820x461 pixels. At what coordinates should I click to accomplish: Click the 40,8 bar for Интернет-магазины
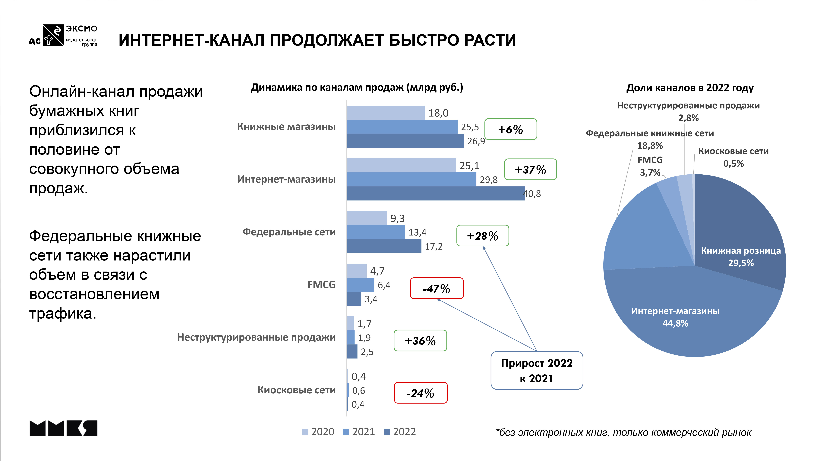[435, 193]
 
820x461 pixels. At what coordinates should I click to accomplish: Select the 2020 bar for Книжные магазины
[386, 113]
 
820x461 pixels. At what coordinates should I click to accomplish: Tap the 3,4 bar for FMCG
[354, 299]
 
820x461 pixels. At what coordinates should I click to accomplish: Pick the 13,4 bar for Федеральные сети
[376, 232]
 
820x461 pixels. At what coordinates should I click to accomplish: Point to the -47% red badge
[436, 288]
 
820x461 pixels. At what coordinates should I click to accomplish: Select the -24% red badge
[421, 393]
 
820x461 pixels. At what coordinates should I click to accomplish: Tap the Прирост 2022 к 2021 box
[537, 370]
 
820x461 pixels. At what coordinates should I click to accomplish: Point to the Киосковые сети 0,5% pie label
[733, 157]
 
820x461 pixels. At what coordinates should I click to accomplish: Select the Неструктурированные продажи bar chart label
[256, 337]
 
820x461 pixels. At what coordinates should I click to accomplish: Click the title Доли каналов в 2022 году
[690, 88]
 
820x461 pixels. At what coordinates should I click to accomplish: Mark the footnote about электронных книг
[623, 432]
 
